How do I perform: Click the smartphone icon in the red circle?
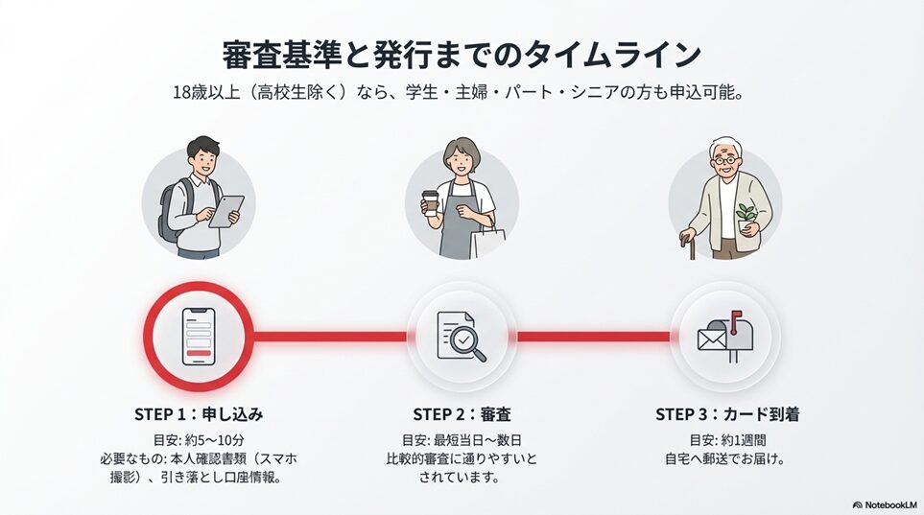199,337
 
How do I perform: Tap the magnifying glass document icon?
462,337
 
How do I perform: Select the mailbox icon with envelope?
725,337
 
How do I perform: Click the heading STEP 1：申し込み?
199,414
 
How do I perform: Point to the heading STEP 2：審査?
462,414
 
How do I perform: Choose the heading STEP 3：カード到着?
727,414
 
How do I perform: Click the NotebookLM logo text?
885,505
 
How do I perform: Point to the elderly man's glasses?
724,160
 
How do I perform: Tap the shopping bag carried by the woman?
488,239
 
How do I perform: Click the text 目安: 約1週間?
727,440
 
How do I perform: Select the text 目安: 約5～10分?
199,440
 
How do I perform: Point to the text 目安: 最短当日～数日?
462,440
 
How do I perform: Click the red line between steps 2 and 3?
593,337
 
